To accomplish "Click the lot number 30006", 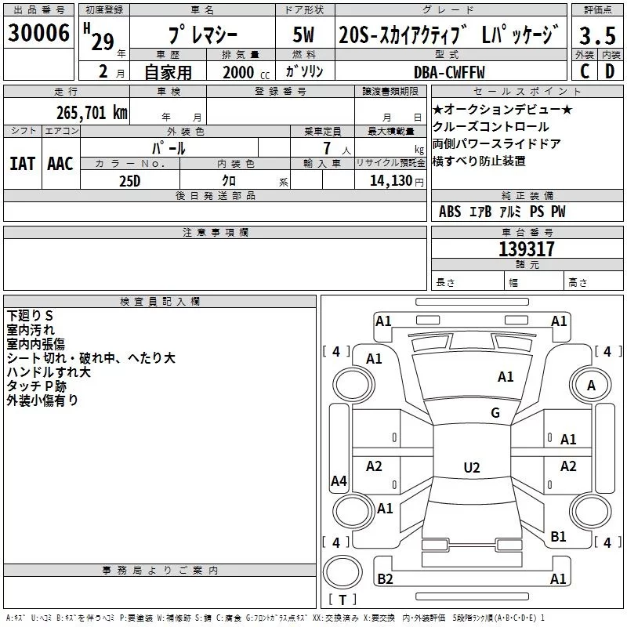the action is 38,34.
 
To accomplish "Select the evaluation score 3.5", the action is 596,36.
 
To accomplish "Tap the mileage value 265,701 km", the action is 91,113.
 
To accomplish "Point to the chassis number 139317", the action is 527,249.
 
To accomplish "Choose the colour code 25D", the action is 130,181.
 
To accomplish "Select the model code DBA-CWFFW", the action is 449,72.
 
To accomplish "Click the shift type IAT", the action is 22,163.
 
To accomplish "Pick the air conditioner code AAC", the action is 60,163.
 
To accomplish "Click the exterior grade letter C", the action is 584,71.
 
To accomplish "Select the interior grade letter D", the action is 610,71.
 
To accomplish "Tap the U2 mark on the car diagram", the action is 471,468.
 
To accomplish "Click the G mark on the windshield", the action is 495,413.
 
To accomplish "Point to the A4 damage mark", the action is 339,481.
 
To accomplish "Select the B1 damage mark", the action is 558,536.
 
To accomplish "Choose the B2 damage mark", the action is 385,579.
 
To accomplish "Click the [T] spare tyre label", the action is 342,600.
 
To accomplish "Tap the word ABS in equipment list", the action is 450,212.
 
